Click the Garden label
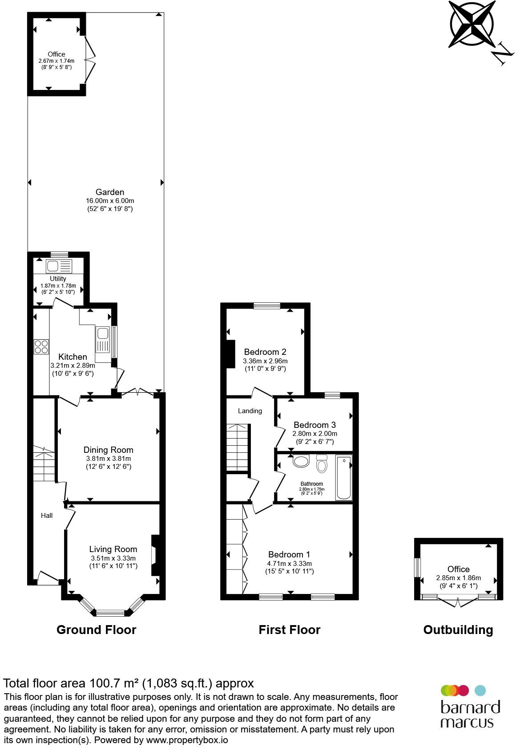coord(110,192)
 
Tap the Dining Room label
coord(109,450)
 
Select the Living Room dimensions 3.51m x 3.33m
coord(113,558)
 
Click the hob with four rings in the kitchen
coord(41,346)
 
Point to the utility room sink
coord(59,266)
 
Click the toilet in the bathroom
coord(322,463)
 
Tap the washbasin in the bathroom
coord(301,461)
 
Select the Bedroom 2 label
coord(265,352)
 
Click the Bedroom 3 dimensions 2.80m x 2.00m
coord(315,434)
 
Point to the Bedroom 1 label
coord(289,554)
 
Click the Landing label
coord(250,411)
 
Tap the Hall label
coord(47,515)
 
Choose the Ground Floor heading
coord(97,630)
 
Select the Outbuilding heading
coord(458,630)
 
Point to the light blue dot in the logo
coord(480,691)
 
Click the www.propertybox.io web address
coord(187,740)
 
